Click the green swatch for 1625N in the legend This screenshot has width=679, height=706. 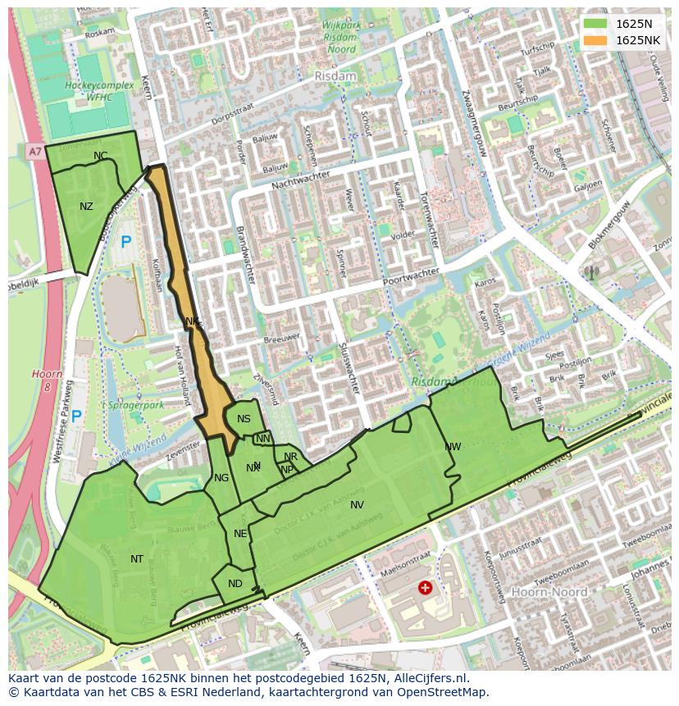click(x=595, y=24)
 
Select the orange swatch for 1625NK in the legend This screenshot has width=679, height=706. click(x=595, y=40)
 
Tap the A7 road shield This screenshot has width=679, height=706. click(x=34, y=152)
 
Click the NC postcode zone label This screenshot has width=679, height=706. click(x=100, y=156)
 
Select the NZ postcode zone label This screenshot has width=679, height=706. click(x=86, y=207)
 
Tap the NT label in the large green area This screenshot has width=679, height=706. click(x=137, y=559)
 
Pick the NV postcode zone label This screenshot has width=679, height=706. click(x=357, y=505)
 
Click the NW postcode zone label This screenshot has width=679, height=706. click(x=453, y=447)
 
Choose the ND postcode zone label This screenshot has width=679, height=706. click(x=235, y=584)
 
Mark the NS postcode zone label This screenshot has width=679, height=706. click(x=244, y=419)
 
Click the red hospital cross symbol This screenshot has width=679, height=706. click(x=425, y=587)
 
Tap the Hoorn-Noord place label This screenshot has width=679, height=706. click(x=549, y=591)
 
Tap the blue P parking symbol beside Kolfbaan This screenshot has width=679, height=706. click(x=125, y=243)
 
